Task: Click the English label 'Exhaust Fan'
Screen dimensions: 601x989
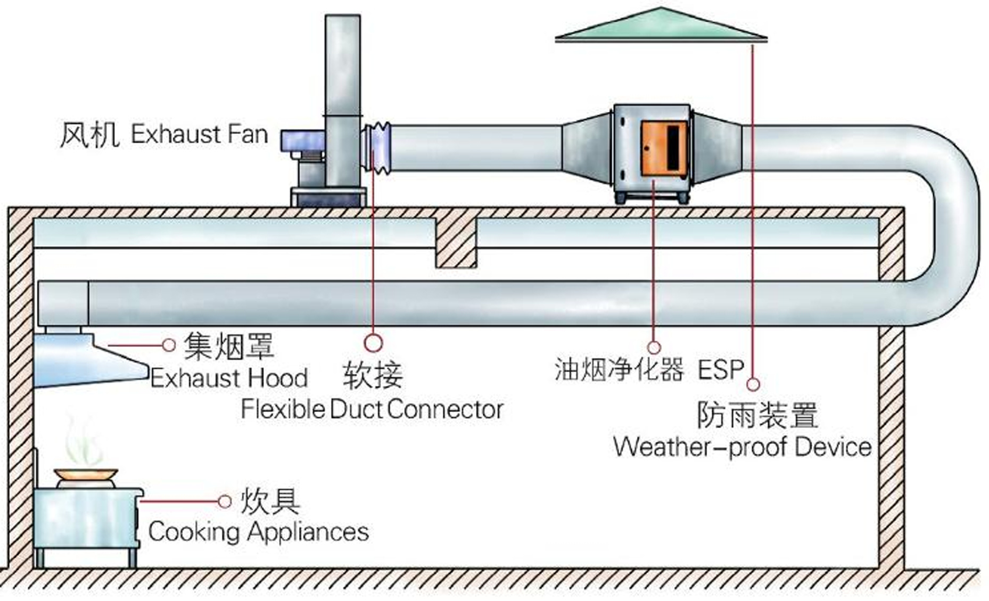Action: click(x=199, y=134)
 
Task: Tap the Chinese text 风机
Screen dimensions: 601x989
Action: click(x=89, y=135)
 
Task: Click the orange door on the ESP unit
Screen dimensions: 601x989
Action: click(x=662, y=148)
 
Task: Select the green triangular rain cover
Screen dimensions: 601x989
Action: click(x=661, y=27)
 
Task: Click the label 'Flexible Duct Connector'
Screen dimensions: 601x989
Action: click(x=372, y=409)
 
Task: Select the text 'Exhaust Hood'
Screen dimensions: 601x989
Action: click(x=229, y=378)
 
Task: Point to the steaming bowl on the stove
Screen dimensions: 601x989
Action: click(x=86, y=474)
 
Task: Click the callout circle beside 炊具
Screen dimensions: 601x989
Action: click(x=225, y=501)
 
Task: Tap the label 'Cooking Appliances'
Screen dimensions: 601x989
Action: click(x=258, y=531)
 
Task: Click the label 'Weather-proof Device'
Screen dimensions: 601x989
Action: click(x=742, y=446)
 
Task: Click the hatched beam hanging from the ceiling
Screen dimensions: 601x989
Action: click(x=456, y=243)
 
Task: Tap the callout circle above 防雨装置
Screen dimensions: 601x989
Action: click(x=753, y=384)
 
